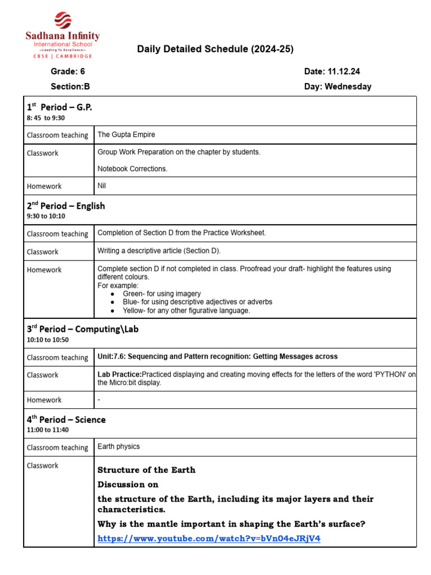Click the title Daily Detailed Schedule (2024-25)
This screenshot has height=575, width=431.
[215, 49]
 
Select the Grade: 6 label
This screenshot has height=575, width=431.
[68, 71]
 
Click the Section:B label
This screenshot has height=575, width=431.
[70, 86]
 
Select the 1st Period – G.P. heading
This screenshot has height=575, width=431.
[59, 107]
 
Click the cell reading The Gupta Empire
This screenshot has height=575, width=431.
[126, 135]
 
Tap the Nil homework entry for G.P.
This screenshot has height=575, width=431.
[102, 185]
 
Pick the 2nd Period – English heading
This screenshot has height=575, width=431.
[66, 206]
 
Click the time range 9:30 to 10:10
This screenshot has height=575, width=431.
[45, 216]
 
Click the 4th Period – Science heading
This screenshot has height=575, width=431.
[66, 419]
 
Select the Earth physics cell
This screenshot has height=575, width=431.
[118, 446]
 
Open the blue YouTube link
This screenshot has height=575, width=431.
[209, 539]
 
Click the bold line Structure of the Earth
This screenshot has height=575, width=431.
[146, 470]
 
